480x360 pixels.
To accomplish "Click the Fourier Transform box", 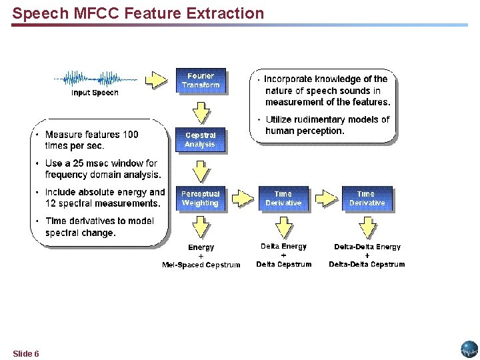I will point(201,81).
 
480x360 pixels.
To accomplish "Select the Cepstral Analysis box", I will point(201,140).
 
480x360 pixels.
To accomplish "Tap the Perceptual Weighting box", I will point(201,199).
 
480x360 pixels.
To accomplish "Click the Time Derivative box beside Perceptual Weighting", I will point(283,199).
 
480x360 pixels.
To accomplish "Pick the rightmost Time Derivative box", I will point(367,199).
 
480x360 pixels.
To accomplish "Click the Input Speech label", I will point(95,93).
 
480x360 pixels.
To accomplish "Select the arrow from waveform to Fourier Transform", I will point(156,80).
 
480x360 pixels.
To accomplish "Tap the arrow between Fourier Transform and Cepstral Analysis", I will point(200,109).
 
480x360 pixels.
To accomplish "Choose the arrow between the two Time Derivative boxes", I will point(325,199).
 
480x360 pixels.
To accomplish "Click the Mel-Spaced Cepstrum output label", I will point(201,265).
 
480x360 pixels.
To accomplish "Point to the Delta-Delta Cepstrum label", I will point(367,264).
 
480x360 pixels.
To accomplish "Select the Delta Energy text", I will point(283,247).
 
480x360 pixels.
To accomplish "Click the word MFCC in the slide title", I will point(85,13).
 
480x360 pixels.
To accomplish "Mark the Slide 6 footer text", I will point(25,353).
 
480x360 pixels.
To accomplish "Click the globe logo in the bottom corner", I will point(469,349).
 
